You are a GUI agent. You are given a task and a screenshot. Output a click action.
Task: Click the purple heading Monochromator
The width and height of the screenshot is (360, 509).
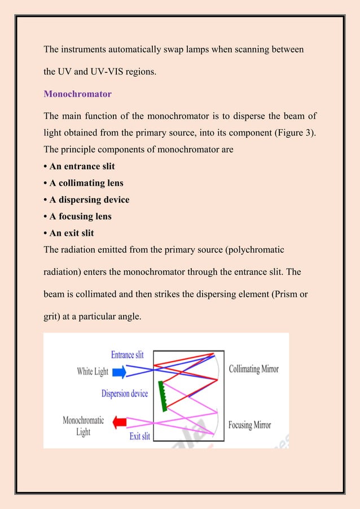(78, 94)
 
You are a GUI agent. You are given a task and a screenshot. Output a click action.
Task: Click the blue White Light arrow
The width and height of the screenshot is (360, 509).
(118, 372)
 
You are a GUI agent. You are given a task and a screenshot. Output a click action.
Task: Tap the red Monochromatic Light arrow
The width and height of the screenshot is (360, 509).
(119, 422)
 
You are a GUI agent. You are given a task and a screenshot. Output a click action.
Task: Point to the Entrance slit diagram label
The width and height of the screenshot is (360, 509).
(127, 355)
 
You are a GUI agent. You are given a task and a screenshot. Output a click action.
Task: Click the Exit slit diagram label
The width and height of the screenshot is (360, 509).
(139, 436)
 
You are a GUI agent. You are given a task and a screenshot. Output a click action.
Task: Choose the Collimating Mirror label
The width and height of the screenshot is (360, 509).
(253, 370)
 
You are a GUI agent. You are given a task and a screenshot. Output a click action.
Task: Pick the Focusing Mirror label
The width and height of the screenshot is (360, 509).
(249, 425)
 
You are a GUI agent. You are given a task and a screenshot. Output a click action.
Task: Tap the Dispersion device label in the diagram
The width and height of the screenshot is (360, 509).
(125, 393)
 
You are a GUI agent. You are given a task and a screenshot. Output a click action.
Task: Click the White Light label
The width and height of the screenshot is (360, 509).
(93, 372)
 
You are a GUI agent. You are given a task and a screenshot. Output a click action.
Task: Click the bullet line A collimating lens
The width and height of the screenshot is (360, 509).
(84, 183)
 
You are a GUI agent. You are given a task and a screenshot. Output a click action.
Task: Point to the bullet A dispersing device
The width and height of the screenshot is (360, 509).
(86, 200)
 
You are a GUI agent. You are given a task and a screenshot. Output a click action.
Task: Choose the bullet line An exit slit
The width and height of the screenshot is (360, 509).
(69, 232)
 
